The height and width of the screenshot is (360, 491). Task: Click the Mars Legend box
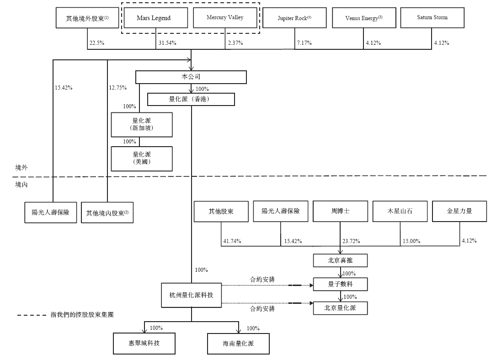coord(156,18)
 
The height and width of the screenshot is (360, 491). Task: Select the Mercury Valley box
coord(225,18)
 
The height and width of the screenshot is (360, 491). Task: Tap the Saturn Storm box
coord(432,18)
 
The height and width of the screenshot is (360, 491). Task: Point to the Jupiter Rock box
coord(294,18)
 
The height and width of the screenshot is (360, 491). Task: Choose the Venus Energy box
coord(364,18)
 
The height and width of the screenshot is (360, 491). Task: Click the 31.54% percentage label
coord(167,43)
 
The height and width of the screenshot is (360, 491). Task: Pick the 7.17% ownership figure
coord(304,43)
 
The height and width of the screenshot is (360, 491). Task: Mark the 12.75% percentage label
coord(118,88)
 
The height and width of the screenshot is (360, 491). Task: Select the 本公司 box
coord(191,77)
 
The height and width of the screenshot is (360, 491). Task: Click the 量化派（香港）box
coord(191,99)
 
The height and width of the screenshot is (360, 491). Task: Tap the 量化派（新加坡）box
coord(142,125)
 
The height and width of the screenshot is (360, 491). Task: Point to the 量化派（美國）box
coord(142,159)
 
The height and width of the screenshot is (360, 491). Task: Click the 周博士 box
coord(340,212)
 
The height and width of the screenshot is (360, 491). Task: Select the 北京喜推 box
coord(340,260)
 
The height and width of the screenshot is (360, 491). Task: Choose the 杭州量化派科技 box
coord(192,295)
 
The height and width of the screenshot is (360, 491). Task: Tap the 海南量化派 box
coord(238,344)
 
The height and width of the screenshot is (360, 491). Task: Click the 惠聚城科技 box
coord(144,344)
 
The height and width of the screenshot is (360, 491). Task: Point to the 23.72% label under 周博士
coord(351,241)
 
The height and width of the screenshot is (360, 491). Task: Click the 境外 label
coord(21,168)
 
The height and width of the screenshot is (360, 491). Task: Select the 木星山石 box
coord(400,212)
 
